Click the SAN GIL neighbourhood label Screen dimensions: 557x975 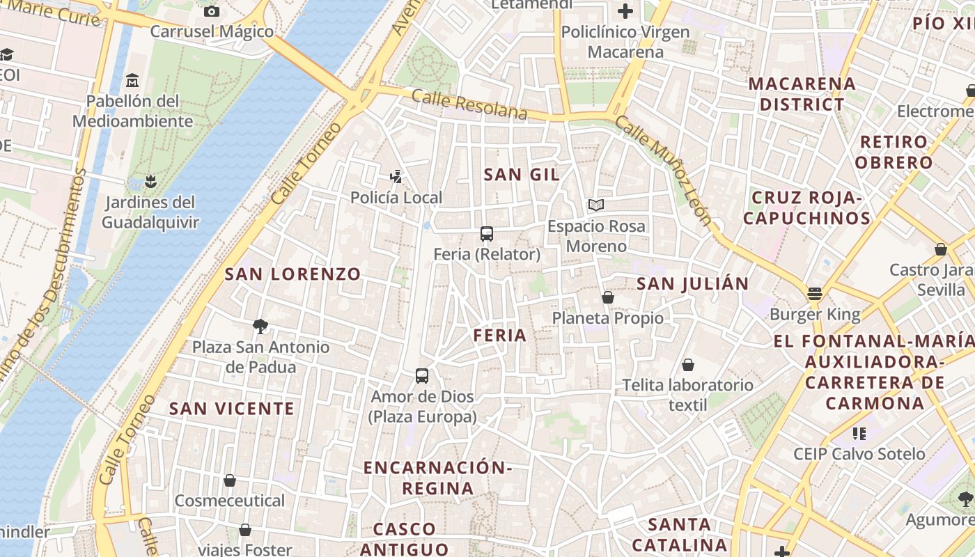pos(522,175)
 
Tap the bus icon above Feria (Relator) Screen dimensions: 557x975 pos(487,234)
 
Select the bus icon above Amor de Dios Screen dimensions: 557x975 pos(422,376)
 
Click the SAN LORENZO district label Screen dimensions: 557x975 pos(292,274)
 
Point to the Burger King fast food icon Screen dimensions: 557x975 pos(815,294)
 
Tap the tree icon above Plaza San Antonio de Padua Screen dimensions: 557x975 pos(260,326)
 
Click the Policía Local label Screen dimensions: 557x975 pos(396,198)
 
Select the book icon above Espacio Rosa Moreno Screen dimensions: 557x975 pos(595,205)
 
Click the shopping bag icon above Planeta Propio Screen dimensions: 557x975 pos(608,297)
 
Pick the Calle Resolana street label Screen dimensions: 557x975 pos(469,104)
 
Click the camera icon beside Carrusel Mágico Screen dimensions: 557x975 pos(212,11)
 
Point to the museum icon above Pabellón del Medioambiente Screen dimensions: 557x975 pos(133,81)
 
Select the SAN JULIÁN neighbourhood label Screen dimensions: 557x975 pos(692,283)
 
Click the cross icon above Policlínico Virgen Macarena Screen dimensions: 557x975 pos(625,11)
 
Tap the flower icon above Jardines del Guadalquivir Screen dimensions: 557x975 pos(150,182)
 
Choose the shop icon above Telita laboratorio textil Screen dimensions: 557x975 pos(688,365)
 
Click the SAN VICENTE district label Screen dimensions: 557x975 pos(231,409)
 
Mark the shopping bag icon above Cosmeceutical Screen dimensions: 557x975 pos(230,480)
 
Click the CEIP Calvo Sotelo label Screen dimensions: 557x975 pos(859,454)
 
